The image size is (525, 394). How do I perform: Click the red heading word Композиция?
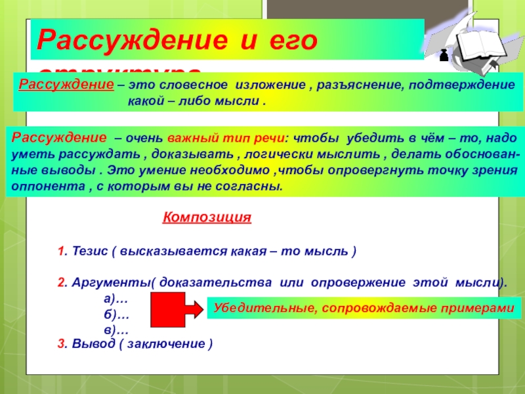coord(207,217)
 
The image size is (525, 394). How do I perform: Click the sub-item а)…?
coord(115,297)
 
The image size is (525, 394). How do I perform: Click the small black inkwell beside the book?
coord(443,56)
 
